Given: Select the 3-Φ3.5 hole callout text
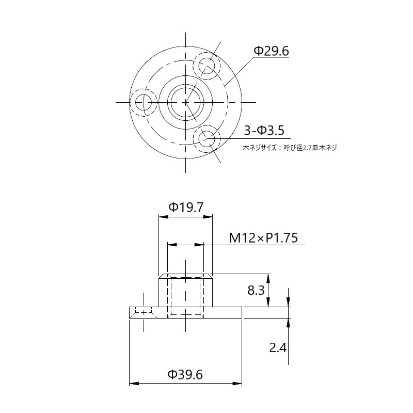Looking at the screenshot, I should pos(264,130).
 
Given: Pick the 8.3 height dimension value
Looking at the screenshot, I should pos(256,290).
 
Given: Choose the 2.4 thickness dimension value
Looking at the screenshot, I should pos(278,347).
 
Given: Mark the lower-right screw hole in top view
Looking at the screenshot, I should pos(207,138).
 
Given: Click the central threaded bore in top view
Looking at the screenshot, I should pos(185,102).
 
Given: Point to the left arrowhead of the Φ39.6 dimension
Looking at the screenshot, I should pos(132,384).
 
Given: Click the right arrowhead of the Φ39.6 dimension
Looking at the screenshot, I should pos(239,384).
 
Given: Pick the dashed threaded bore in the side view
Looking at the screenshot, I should pos(185,296).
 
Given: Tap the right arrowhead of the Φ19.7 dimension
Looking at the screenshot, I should pos(209,217).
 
